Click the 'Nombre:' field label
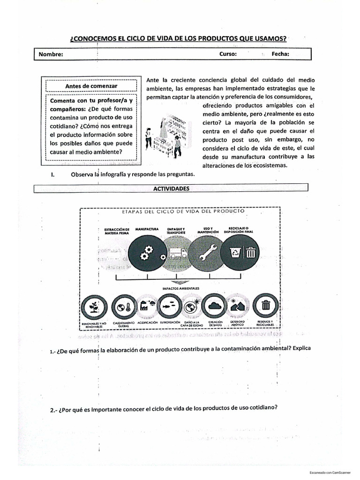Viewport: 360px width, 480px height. [51, 54]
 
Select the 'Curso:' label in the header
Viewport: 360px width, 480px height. [228, 54]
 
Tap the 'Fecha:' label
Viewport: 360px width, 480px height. [280, 54]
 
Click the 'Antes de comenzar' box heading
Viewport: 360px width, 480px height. [91, 86]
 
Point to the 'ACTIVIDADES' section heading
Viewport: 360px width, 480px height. [171, 187]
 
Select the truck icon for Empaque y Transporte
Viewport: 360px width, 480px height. [177, 253]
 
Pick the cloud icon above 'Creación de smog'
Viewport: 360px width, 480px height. [215, 307]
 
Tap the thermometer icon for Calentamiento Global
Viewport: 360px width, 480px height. [123, 307]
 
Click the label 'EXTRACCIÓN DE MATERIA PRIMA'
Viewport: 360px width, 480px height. [116, 231]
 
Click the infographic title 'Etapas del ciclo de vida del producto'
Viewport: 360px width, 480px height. [183, 211]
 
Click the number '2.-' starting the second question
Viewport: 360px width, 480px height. [54, 410]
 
